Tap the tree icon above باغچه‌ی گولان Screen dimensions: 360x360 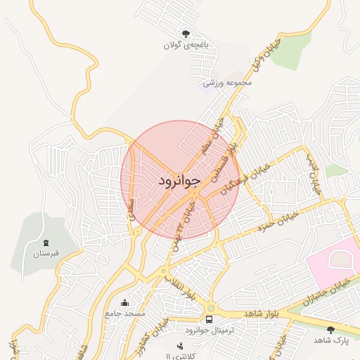coord(186,33)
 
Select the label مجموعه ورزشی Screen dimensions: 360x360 coord(227,83)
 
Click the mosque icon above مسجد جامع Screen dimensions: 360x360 coord(125,303)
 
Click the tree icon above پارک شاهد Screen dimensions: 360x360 coord(330,329)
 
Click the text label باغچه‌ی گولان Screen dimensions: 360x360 coord(186,45)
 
